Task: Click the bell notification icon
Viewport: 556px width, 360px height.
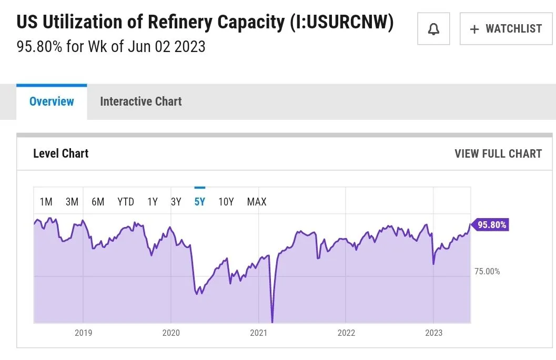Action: [x=433, y=29]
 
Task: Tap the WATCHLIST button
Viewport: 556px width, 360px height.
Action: [x=506, y=29]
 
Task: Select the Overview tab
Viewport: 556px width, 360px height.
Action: [x=52, y=101]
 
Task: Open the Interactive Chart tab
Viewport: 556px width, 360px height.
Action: [x=140, y=101]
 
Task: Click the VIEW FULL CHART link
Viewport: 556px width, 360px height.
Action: [x=498, y=153]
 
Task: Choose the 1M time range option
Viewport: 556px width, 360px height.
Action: [x=46, y=202]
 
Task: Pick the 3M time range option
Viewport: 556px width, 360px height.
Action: [x=72, y=202]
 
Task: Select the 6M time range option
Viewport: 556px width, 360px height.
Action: [x=98, y=202]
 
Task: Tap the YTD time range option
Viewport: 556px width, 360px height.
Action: [x=126, y=202]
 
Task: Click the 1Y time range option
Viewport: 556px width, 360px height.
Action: [x=153, y=202]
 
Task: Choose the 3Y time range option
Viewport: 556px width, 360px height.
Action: [x=176, y=202]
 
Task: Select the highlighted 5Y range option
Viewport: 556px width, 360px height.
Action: [x=199, y=202]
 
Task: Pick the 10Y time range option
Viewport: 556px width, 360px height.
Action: [x=226, y=202]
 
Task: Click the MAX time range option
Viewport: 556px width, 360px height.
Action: [x=257, y=202]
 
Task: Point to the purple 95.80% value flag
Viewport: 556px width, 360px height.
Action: [x=491, y=225]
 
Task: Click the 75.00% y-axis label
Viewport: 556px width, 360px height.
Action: [x=487, y=272]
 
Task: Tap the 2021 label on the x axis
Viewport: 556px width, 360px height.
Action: [x=258, y=333]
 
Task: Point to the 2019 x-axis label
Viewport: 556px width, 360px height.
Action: [x=83, y=333]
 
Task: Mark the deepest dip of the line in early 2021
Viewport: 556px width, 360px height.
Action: [x=272, y=321]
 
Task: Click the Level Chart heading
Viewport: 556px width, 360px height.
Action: [x=60, y=153]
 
